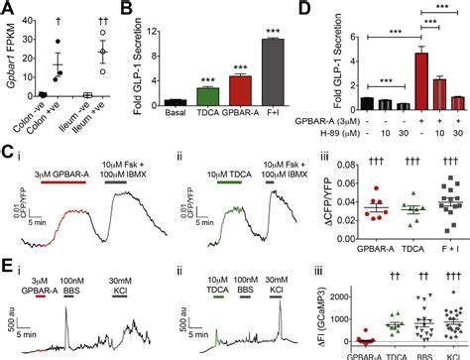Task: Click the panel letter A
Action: (7, 9)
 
